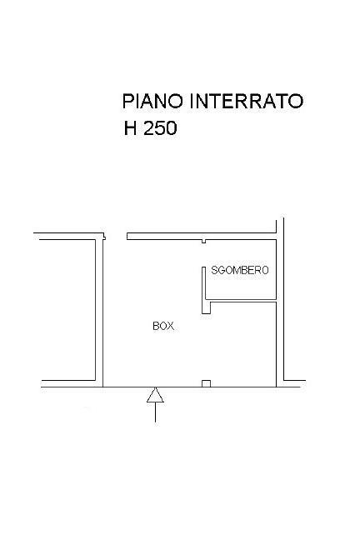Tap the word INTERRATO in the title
247,102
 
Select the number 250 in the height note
160,128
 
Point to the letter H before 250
130,128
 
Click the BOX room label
163,326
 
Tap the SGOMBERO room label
240,270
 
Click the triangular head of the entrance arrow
155,395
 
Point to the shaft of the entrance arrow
155,412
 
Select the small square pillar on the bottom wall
206,383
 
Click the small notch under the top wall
203,241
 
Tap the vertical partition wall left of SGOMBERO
203,290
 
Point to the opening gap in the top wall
116,237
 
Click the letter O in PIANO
174,102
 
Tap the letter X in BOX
171,326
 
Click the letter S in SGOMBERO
214,270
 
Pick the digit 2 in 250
148,128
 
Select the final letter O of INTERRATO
295,102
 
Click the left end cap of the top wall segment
127,237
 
